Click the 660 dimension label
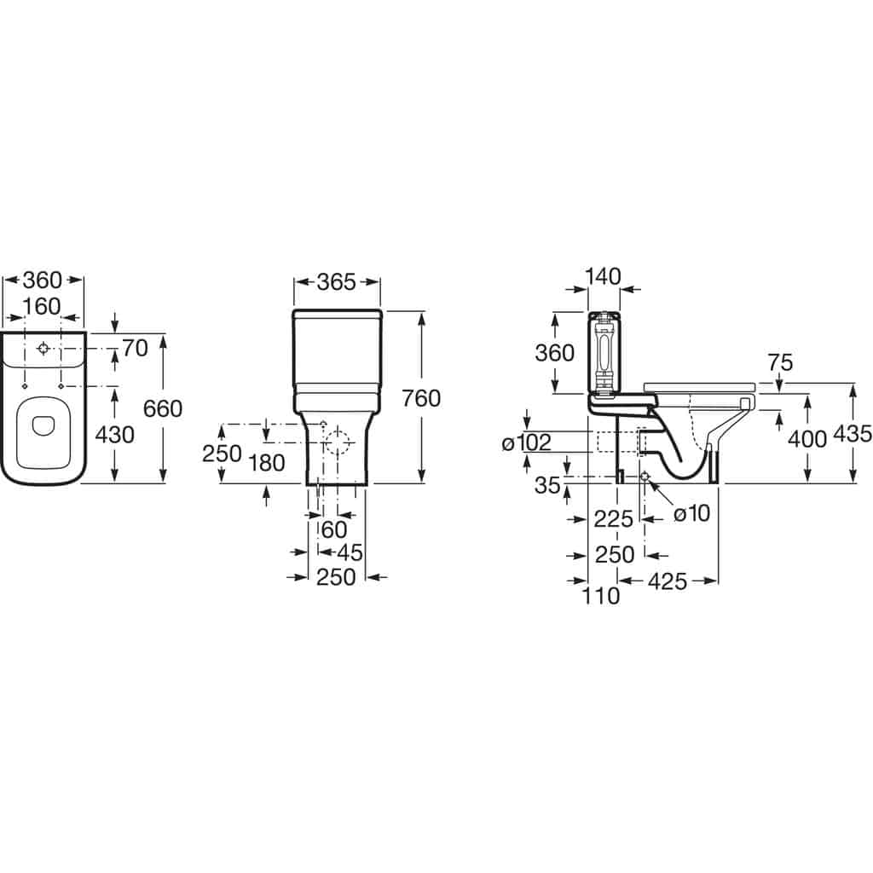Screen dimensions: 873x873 163,408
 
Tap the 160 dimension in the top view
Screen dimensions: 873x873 42,306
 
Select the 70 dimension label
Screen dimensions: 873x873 135,349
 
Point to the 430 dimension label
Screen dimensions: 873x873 115,435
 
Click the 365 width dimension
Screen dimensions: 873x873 336,282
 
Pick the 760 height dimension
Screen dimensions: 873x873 421,399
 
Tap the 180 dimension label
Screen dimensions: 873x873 267,463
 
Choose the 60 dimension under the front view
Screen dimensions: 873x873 334,530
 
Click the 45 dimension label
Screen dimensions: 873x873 350,552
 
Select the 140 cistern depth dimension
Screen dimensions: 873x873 603,277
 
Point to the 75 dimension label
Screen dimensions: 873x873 780,362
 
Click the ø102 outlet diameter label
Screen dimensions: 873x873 526,442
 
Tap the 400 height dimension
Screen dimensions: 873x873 807,439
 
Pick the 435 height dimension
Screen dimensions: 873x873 853,434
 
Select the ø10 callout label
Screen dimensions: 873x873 692,513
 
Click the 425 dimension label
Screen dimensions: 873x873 668,581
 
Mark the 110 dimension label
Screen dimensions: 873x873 601,596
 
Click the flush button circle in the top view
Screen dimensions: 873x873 43,349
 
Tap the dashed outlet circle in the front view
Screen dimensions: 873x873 338,442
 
